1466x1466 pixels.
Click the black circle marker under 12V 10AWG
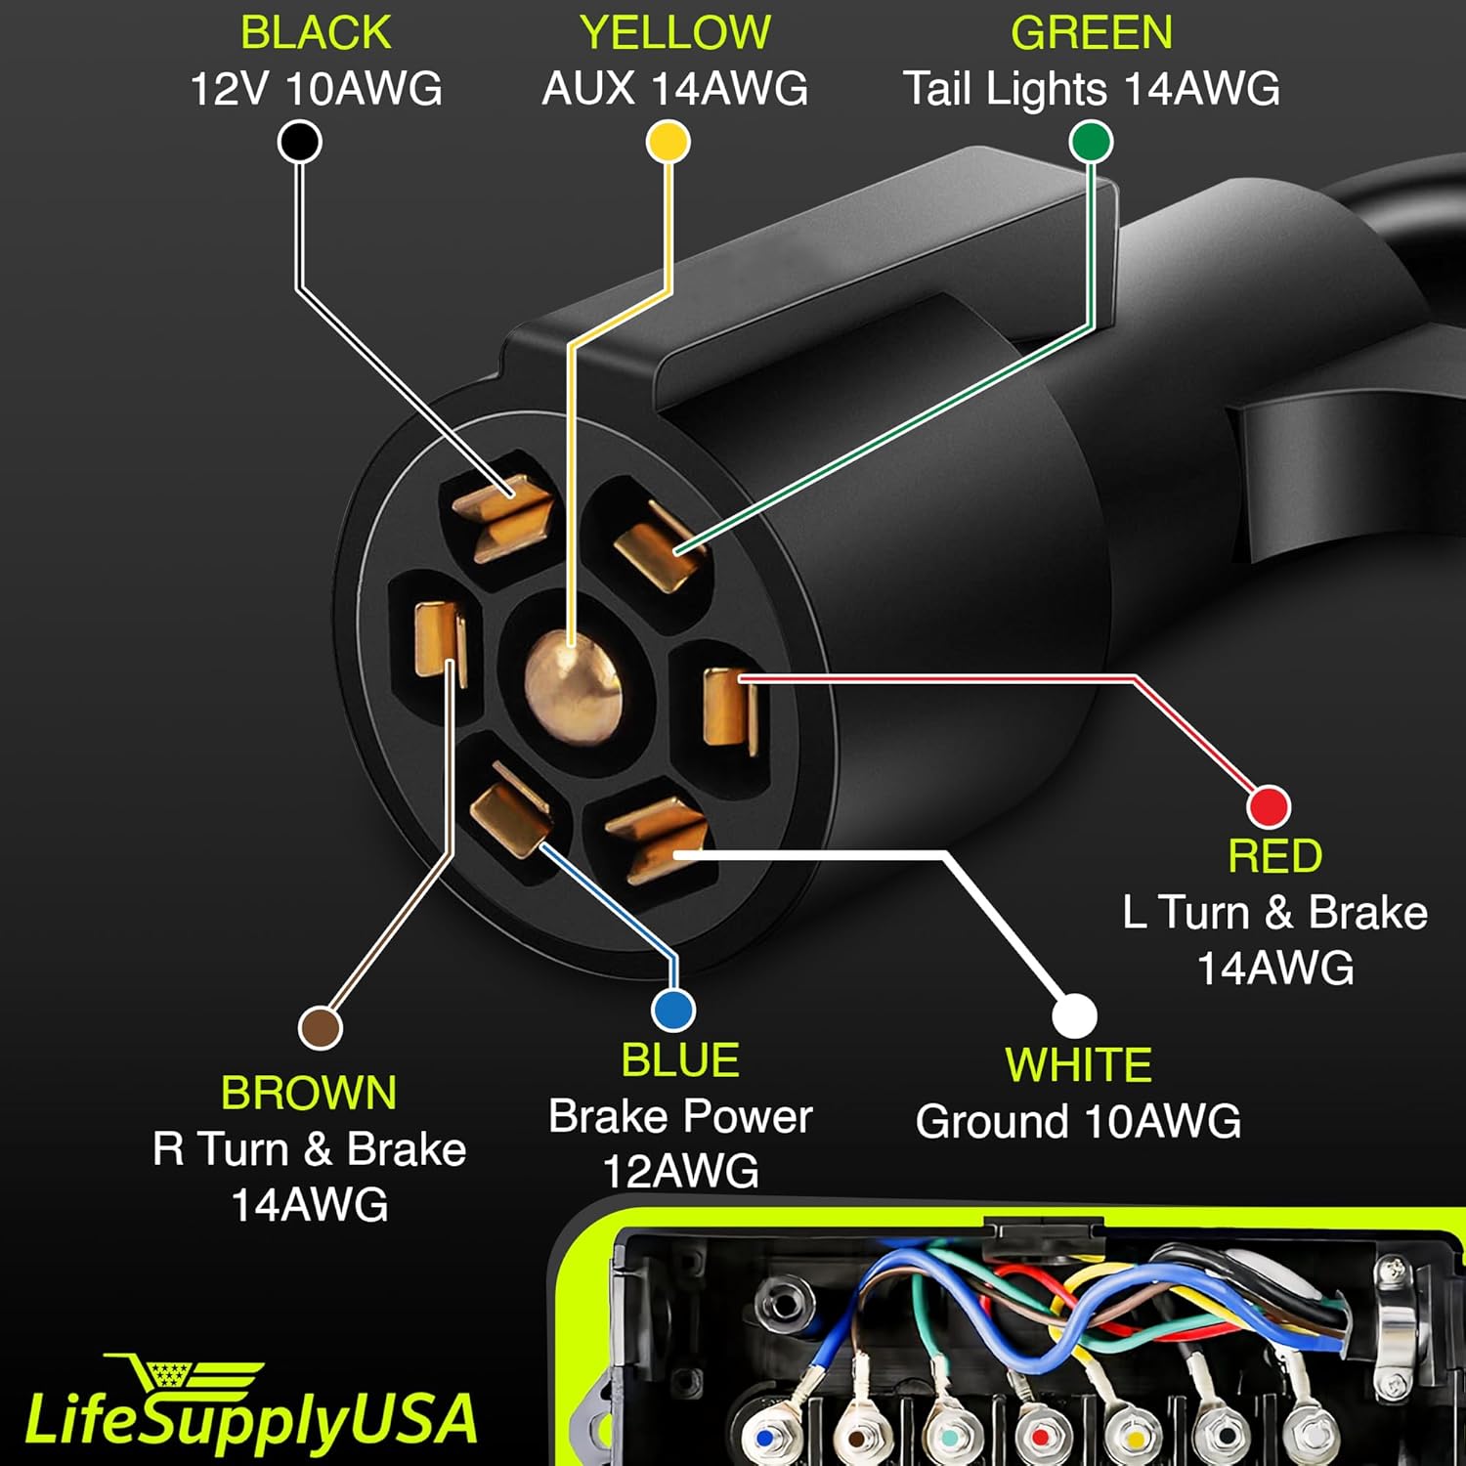pyautogui.click(x=300, y=142)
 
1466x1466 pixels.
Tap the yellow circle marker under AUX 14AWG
pyautogui.click(x=668, y=142)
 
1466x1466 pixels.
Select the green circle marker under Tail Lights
pyautogui.click(x=1091, y=142)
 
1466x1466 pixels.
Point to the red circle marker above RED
pyautogui.click(x=1269, y=806)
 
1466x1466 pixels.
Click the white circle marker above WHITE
pyautogui.click(x=1074, y=1015)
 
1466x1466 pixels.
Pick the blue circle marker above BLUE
pyautogui.click(x=672, y=1010)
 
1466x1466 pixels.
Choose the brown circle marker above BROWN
pyautogui.click(x=320, y=1027)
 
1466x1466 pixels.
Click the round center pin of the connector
pyautogui.click(x=572, y=683)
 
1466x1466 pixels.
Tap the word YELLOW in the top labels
pyautogui.click(x=675, y=32)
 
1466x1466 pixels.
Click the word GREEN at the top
pyautogui.click(x=1092, y=32)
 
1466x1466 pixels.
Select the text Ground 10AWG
pyautogui.click(x=1078, y=1121)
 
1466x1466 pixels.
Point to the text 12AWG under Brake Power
pyautogui.click(x=680, y=1171)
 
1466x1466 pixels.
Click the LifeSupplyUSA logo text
pyautogui.click(x=251, y=1420)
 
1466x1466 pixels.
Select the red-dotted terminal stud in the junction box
pyautogui.click(x=1040, y=1438)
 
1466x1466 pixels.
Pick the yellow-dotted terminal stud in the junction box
pyautogui.click(x=1132, y=1438)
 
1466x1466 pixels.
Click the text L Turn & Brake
pyautogui.click(x=1274, y=913)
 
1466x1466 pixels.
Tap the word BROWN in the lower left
pyautogui.click(x=309, y=1093)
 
